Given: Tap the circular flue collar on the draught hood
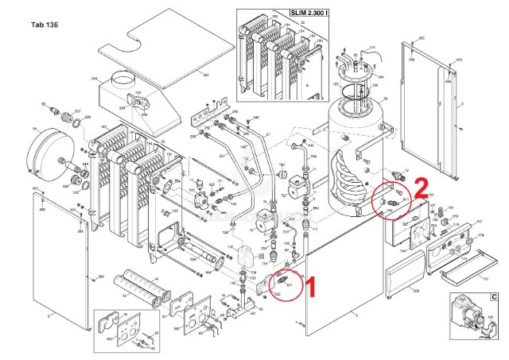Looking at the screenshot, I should (x=125, y=79).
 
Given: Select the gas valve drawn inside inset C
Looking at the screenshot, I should (x=469, y=313).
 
